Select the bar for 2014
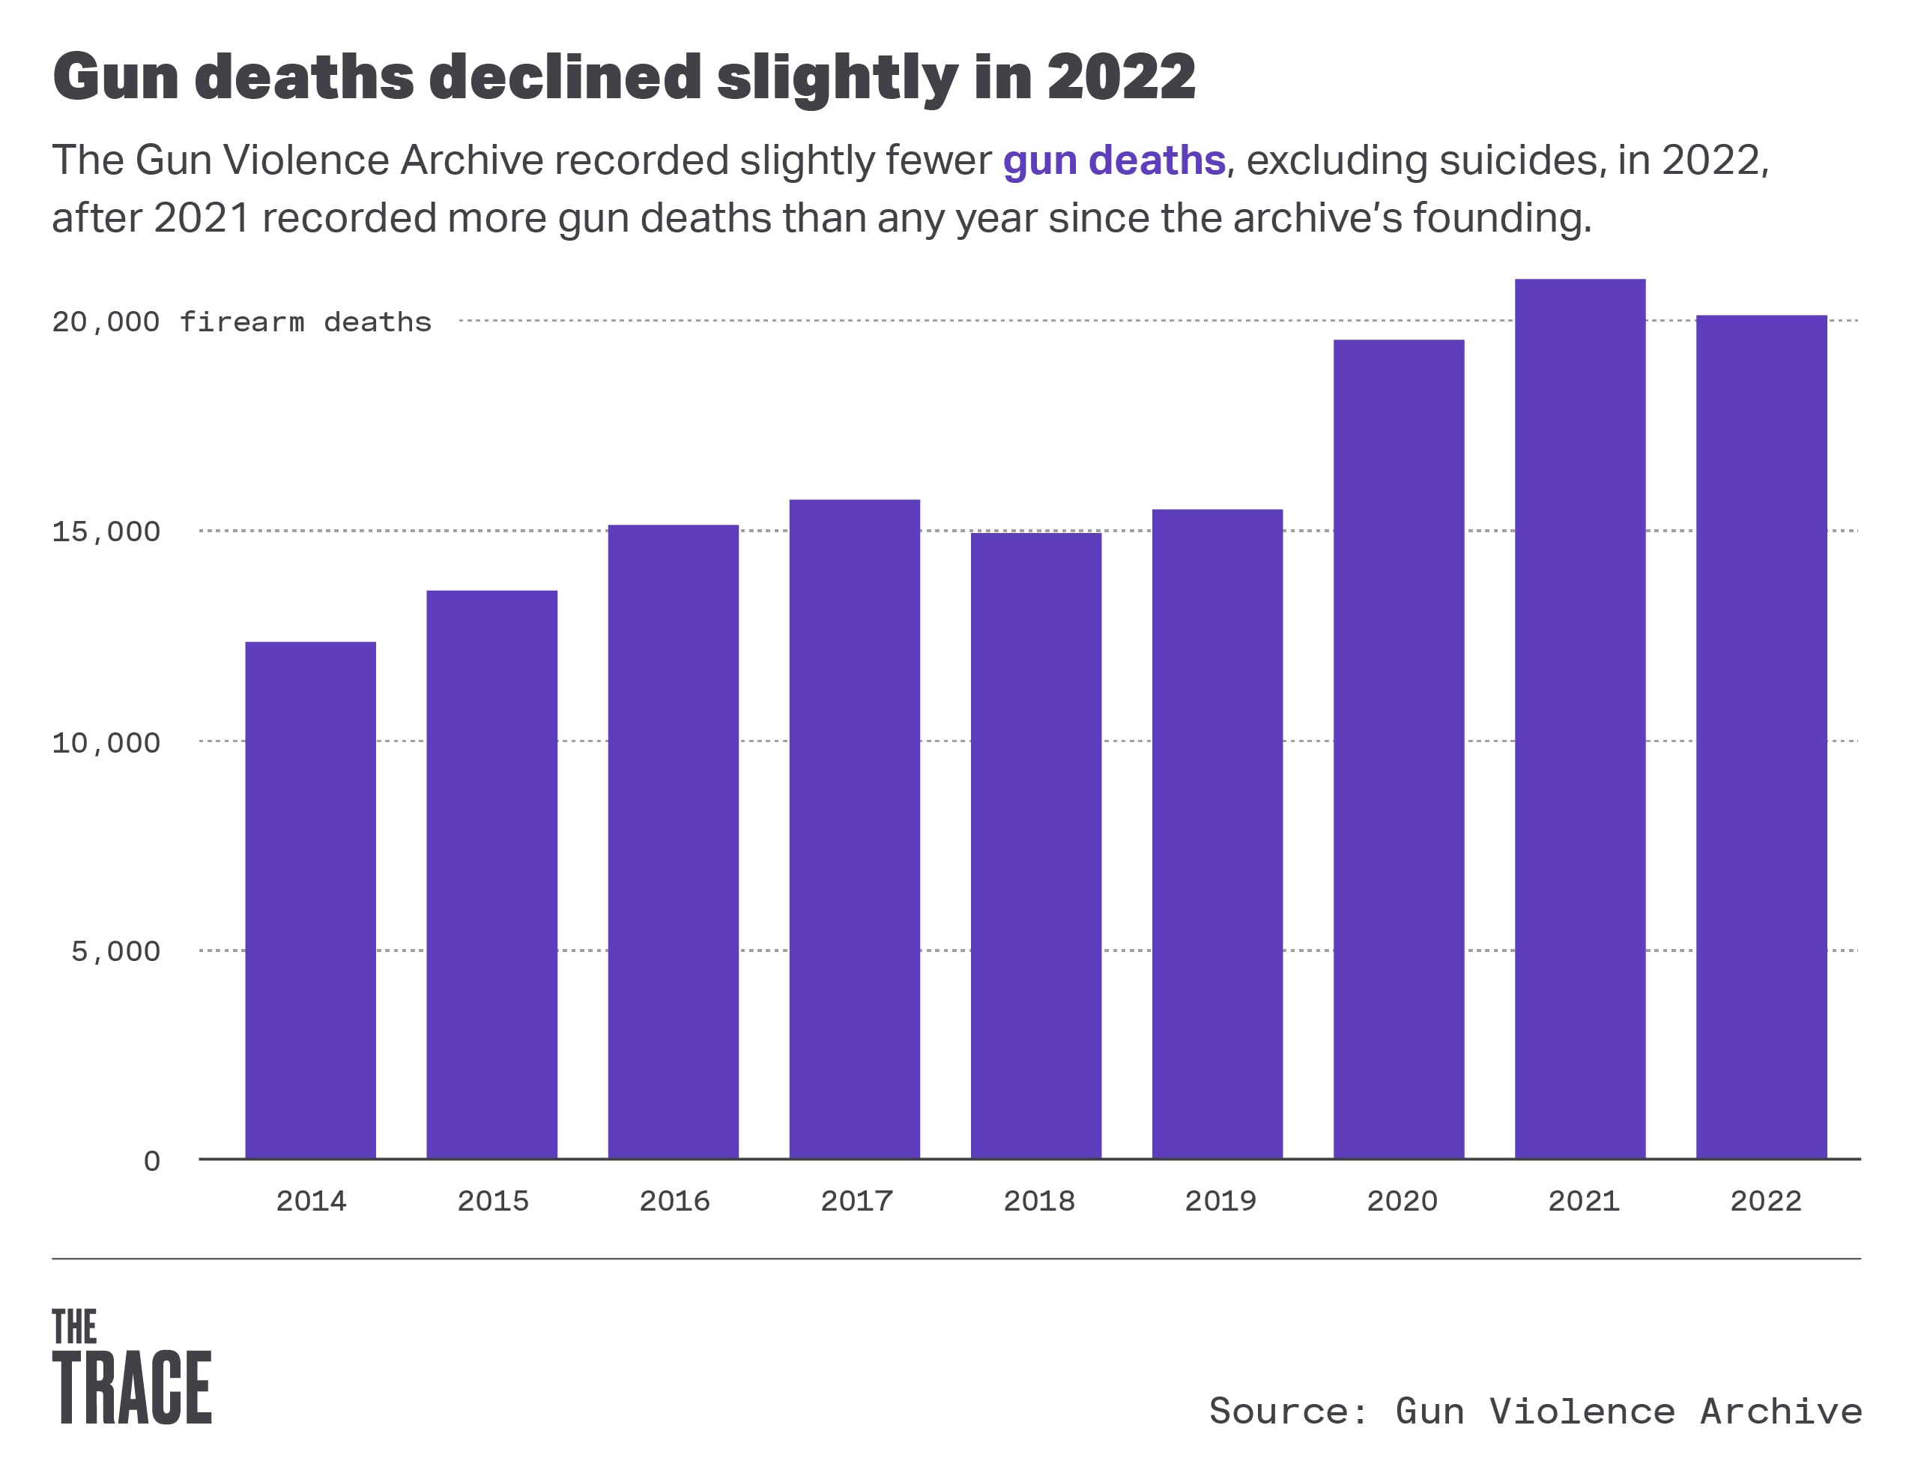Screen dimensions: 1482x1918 point(310,900)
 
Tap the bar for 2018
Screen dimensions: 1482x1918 point(1035,845)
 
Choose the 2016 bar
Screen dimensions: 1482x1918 point(673,842)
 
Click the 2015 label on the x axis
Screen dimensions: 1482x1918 point(493,1201)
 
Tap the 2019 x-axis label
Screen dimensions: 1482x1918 point(1220,1201)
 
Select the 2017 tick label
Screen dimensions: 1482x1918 point(856,1201)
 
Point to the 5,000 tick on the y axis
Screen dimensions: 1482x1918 point(116,951)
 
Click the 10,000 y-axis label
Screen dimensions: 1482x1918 point(106,743)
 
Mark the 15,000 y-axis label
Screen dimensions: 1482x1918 point(106,531)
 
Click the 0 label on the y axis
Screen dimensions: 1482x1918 point(152,1161)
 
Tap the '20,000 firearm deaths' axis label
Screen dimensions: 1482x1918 point(241,322)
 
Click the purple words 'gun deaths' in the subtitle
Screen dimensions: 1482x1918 point(1113,160)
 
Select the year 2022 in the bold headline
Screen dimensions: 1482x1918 point(1121,77)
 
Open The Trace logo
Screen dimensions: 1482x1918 point(132,1367)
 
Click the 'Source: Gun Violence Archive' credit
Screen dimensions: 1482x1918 point(1535,1412)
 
